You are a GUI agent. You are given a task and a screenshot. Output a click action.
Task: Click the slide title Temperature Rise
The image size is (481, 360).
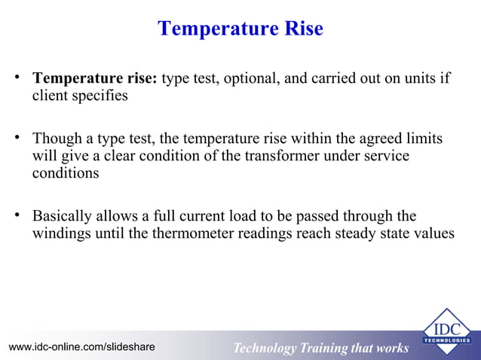(240, 29)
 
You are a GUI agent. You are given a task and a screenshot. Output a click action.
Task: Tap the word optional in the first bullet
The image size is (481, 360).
(251, 79)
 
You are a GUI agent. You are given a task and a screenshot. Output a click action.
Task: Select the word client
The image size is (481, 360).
(49, 96)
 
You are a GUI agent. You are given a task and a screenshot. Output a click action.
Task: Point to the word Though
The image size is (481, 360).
(55, 139)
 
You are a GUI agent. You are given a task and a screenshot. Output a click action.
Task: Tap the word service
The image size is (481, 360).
(385, 156)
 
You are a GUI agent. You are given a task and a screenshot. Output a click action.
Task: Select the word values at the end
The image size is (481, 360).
(434, 233)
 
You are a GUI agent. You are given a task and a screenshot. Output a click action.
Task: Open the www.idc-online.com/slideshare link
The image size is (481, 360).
(81, 346)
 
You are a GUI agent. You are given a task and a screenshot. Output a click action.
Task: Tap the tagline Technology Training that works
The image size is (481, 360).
(320, 348)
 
